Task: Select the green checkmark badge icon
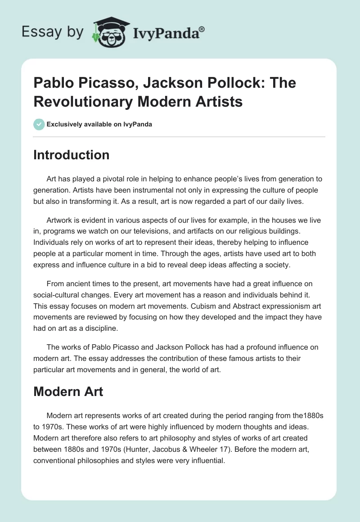(39, 124)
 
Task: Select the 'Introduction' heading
(71, 155)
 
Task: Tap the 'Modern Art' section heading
(68, 391)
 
